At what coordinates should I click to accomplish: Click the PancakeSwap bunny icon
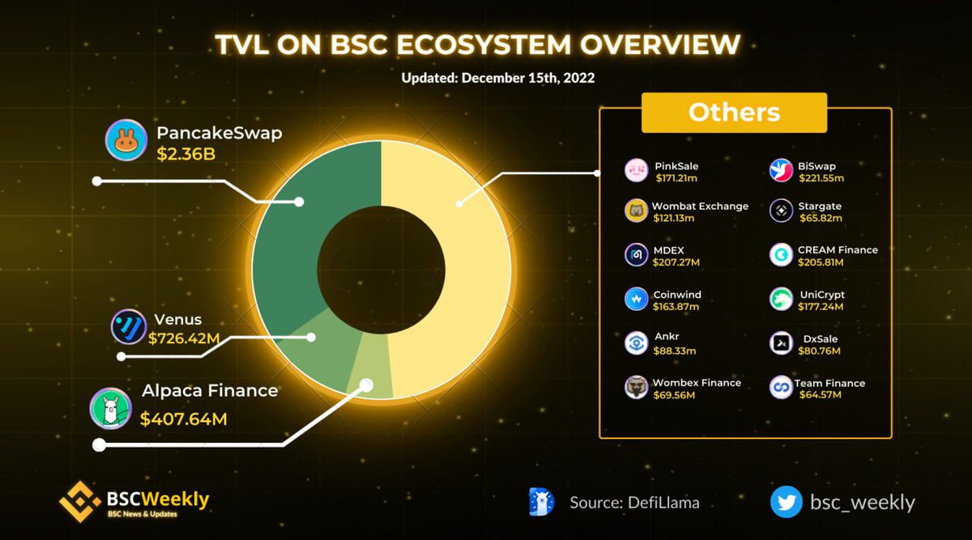point(125,142)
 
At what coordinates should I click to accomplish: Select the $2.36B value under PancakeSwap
point(185,154)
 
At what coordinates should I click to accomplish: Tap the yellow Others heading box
point(734,113)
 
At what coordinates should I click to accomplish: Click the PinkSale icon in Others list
point(637,171)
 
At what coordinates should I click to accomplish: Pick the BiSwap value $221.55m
point(821,177)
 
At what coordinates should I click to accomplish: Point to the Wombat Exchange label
point(701,206)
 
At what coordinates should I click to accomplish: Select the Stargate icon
point(781,210)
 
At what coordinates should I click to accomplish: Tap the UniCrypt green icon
point(781,299)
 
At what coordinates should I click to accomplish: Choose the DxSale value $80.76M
point(820,351)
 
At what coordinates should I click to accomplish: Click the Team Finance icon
point(781,387)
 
